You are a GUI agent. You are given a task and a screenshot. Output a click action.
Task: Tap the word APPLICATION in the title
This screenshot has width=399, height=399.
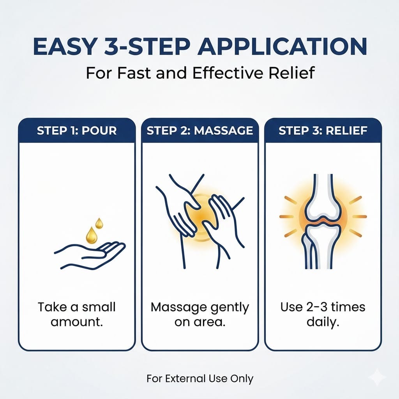point(282,47)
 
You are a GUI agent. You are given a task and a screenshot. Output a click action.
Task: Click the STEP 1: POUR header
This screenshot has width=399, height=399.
point(77,131)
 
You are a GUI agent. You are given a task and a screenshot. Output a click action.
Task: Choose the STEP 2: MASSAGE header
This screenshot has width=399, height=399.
point(200,131)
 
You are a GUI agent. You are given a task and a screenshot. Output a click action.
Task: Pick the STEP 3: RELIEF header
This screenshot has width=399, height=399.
point(323,131)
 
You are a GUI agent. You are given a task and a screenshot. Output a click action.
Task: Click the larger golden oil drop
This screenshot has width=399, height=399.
point(92,235)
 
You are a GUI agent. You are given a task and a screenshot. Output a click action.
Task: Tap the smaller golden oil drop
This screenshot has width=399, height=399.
point(99,223)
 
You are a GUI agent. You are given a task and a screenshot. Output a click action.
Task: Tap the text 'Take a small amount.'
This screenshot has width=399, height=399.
point(77,314)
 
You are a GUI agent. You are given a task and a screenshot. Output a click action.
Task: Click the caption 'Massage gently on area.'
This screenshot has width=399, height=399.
point(200,314)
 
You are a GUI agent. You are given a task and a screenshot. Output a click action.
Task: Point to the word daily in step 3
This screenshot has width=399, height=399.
point(323,322)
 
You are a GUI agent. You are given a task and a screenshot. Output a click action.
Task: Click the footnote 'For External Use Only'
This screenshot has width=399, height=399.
point(200,379)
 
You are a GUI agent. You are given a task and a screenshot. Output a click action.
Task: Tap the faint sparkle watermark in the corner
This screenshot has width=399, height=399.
point(378,377)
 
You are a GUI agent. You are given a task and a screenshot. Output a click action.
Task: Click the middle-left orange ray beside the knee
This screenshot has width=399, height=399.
point(286,217)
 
